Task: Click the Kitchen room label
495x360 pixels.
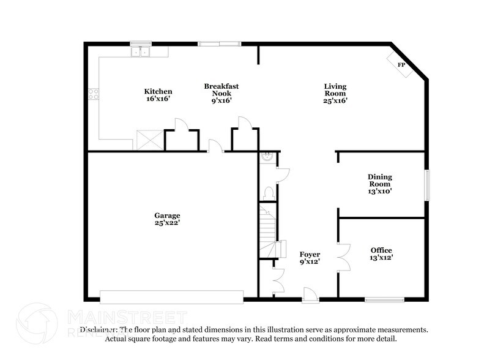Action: coord(158,95)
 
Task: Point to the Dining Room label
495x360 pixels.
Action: coord(379,184)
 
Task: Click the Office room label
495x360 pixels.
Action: coord(381,254)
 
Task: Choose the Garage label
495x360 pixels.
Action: coord(167,219)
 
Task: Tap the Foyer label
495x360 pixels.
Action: coord(310,258)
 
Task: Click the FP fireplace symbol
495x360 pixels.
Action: coord(401,64)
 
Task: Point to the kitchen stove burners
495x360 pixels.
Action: coord(94,94)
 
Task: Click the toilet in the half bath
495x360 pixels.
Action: coord(267,193)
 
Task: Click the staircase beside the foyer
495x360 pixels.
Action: coord(267,230)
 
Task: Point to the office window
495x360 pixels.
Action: coord(384,299)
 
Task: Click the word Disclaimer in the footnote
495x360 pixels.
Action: coord(100,329)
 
